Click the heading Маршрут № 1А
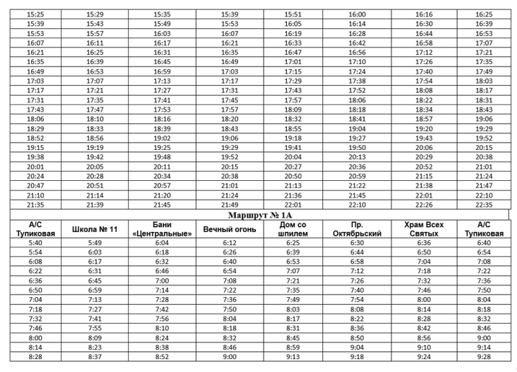(x=259, y=214)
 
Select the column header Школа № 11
(x=94, y=229)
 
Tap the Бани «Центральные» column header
(x=162, y=229)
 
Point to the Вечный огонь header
(x=229, y=229)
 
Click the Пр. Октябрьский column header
(x=357, y=229)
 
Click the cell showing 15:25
(x=36, y=14)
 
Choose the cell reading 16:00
(x=357, y=14)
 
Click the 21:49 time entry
(x=229, y=205)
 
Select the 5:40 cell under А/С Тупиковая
(x=36, y=243)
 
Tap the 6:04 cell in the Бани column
(x=162, y=243)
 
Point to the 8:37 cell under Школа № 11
(x=94, y=357)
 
